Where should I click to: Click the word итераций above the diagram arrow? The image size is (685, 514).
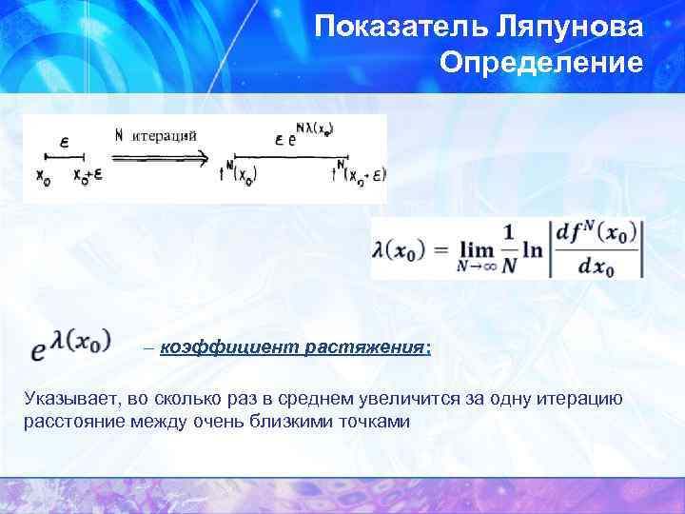click(164, 134)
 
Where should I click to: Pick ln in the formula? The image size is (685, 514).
click(533, 249)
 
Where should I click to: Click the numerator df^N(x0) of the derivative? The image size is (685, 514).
click(596, 232)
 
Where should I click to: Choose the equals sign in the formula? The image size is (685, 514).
click(439, 250)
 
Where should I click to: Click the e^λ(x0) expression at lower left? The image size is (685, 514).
click(70, 344)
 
